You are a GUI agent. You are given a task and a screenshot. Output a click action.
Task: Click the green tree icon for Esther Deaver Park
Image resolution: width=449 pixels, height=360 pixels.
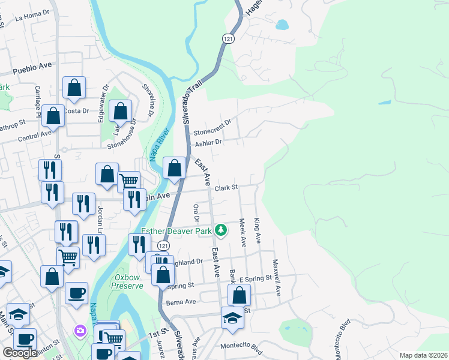221,229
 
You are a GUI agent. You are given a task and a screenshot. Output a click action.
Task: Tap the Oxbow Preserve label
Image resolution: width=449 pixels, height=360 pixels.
129,281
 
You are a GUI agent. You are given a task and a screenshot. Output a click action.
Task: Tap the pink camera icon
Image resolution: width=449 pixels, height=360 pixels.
80,331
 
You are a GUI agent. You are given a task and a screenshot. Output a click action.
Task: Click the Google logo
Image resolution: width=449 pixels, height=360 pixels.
20,353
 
